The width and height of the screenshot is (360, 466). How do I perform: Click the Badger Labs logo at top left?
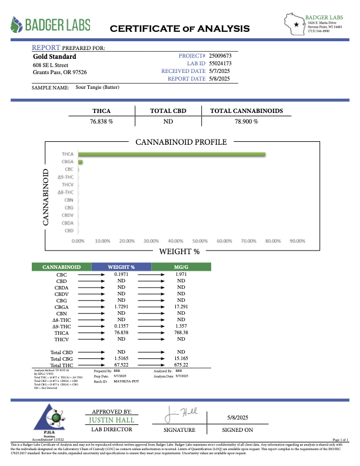point(51,25)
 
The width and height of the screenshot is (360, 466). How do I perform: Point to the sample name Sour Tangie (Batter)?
point(98,87)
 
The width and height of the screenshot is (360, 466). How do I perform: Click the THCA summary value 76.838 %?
point(101,121)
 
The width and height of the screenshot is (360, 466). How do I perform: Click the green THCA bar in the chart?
point(171,155)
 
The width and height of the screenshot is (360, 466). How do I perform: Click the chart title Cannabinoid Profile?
point(181,142)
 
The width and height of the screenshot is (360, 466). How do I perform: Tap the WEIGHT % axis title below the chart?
point(179,252)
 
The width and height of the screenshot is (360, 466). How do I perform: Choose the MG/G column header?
point(182,267)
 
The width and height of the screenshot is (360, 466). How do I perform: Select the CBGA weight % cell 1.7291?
point(121,307)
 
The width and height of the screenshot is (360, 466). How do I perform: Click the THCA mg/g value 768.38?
point(182,332)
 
